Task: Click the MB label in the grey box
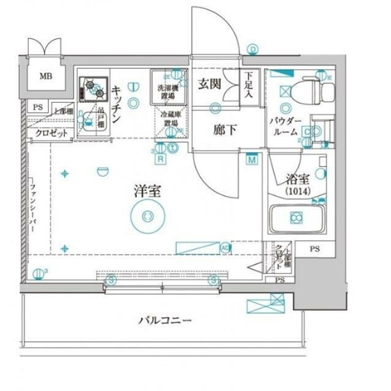coord(46,77)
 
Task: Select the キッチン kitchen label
coord(117,104)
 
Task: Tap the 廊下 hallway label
coord(221,130)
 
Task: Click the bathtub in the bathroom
coord(296,218)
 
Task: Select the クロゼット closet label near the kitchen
coord(51,133)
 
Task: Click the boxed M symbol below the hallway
coord(252,160)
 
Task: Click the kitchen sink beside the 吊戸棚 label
coord(89,124)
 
